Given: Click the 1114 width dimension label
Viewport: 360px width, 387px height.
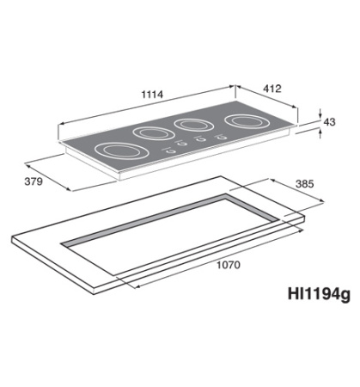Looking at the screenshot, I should click(151, 93).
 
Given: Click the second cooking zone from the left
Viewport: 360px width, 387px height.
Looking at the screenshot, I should click(153, 132).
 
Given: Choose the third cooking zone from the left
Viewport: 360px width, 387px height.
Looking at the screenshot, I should click(194, 124).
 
